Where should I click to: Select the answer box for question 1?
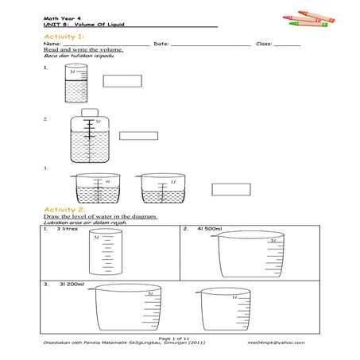(122, 79)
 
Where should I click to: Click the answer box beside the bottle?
(138, 135)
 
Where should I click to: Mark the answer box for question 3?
(230, 189)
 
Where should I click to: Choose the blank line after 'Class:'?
(287, 45)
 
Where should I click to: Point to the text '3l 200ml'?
(69, 283)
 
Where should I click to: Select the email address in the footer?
(276, 343)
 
